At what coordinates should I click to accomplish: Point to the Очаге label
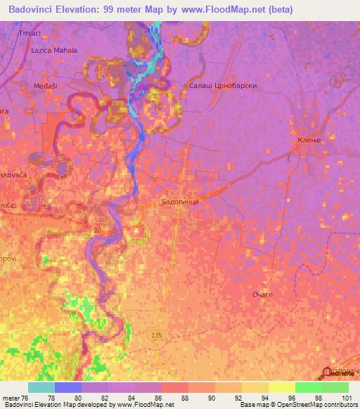pos(262,294)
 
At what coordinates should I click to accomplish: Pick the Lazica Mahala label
pos(54,51)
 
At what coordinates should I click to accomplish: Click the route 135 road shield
pos(157,336)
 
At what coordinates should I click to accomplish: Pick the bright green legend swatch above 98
pos(308,387)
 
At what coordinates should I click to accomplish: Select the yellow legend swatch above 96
pos(281,387)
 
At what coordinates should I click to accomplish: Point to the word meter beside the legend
pos(12,397)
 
